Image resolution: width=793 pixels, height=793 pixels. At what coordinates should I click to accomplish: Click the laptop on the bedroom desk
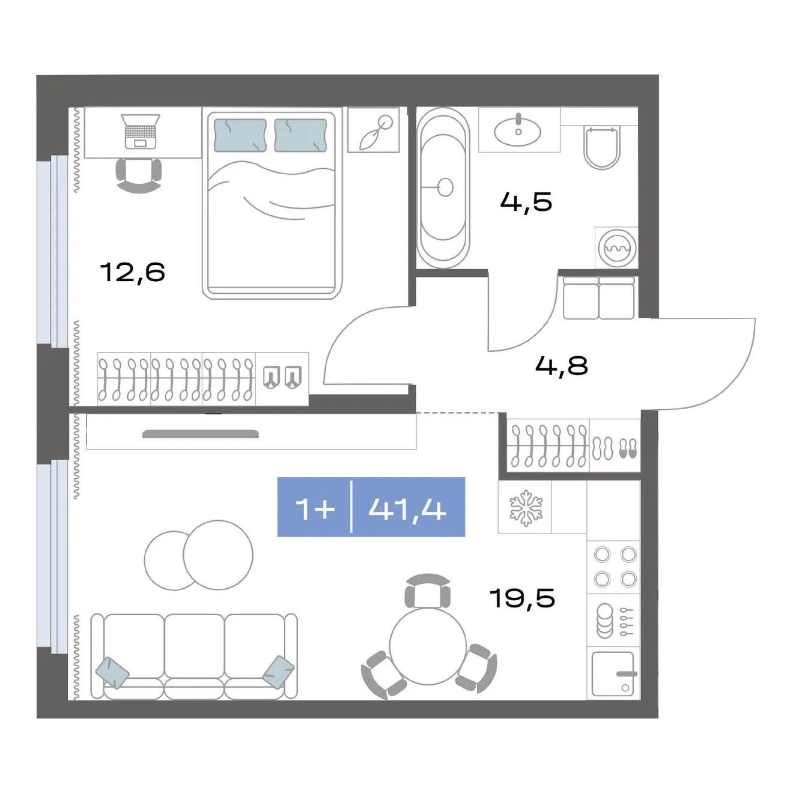(x=141, y=131)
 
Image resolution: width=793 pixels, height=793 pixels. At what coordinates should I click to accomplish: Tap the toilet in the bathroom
(x=601, y=147)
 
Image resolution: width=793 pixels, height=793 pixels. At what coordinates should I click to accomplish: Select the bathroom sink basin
(x=518, y=130)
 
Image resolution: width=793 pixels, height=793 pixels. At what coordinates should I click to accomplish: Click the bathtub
(x=443, y=187)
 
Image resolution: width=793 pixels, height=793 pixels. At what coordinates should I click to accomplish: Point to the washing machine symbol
(x=616, y=248)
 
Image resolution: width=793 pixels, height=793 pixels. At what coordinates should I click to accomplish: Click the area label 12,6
(x=132, y=272)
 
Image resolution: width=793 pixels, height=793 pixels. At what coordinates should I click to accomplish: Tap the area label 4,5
(x=526, y=202)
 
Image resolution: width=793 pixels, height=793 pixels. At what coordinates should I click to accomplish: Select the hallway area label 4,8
(x=561, y=365)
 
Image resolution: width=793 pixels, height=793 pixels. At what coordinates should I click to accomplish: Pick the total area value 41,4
(x=407, y=510)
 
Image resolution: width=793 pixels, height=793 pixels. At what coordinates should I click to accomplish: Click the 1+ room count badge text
(x=315, y=509)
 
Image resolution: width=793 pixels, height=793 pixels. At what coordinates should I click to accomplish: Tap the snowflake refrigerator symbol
(x=526, y=508)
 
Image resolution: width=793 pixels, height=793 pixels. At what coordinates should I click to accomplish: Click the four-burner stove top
(x=615, y=567)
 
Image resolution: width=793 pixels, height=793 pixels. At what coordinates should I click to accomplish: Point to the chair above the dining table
(x=428, y=591)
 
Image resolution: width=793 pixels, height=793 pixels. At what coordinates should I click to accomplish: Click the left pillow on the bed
(x=240, y=135)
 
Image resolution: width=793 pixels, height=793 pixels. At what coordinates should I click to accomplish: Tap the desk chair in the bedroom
(x=139, y=175)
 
